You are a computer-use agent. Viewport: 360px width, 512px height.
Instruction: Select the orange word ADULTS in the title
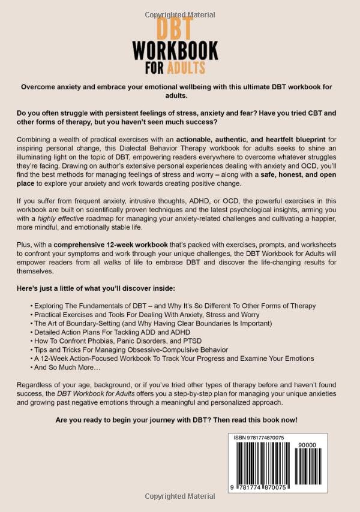point(187,66)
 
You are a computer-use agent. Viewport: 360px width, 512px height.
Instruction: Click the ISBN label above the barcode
point(241,438)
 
